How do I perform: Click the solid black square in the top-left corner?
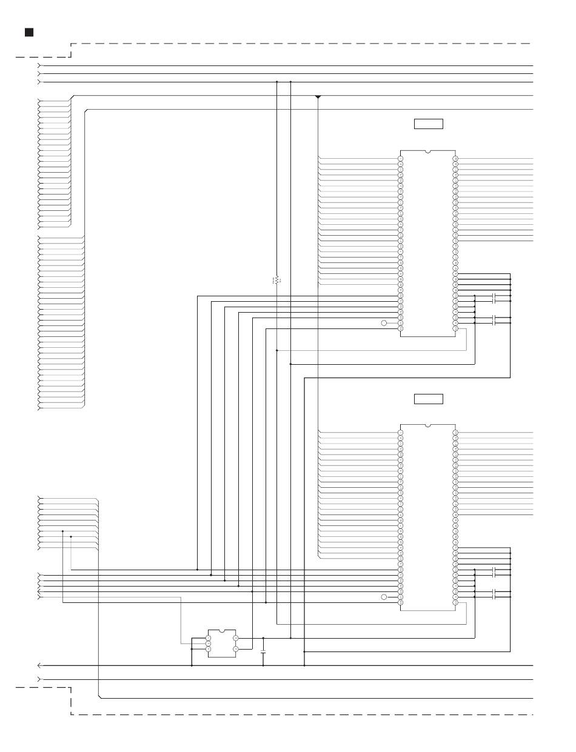(x=28, y=32)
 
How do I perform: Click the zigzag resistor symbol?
(x=276, y=281)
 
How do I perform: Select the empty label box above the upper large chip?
(x=428, y=124)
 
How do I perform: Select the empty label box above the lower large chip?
(x=428, y=399)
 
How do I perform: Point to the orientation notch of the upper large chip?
(x=428, y=151)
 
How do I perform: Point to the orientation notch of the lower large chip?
(x=428, y=426)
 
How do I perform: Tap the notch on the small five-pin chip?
(x=222, y=631)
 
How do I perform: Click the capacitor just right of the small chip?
(x=263, y=652)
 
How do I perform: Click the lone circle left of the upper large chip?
(x=384, y=323)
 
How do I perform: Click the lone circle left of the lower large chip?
(x=384, y=597)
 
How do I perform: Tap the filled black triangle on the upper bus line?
(x=318, y=97)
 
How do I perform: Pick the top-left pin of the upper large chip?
(x=401, y=159)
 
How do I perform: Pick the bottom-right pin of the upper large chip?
(x=455, y=328)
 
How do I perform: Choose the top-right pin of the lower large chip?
(x=455, y=433)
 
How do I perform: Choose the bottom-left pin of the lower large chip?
(x=401, y=602)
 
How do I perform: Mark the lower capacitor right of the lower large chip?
(x=495, y=594)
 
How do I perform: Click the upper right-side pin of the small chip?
(x=235, y=638)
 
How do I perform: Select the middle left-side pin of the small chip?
(x=209, y=644)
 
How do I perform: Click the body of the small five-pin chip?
(x=222, y=644)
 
